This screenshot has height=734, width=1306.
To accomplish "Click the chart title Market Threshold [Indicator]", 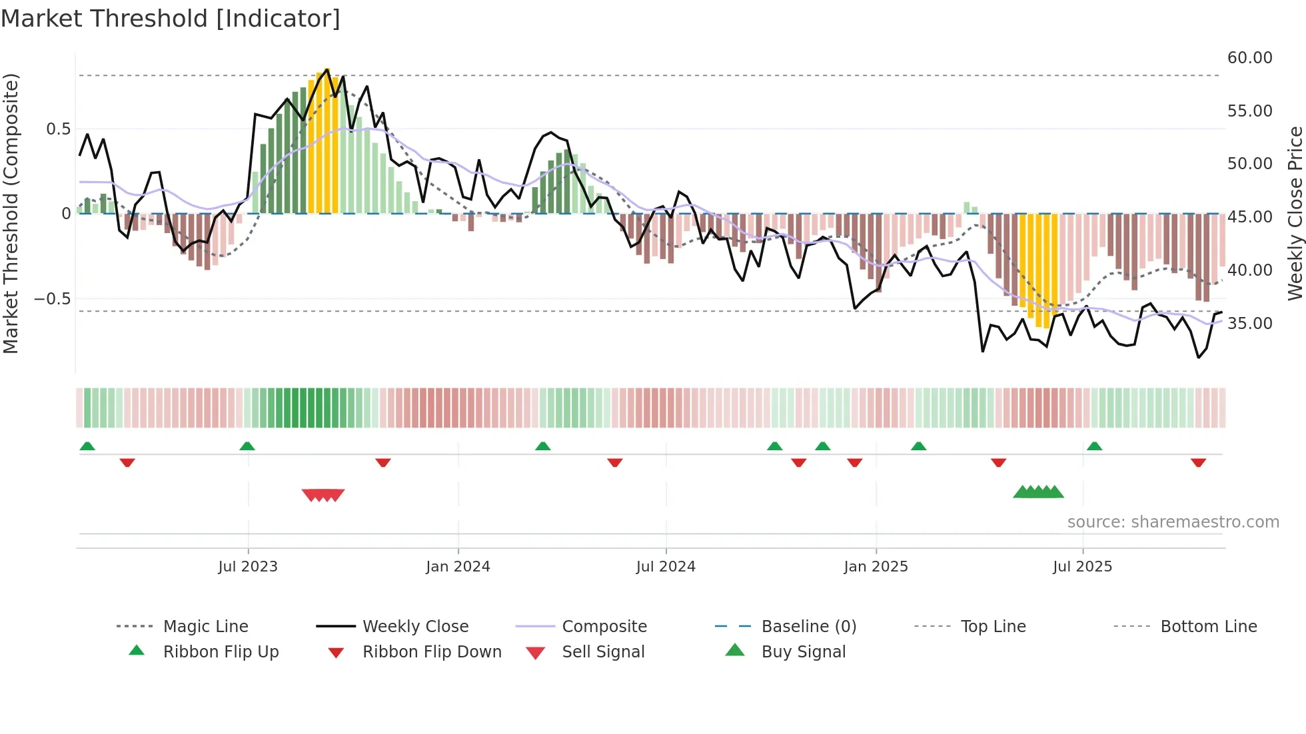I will [171, 19].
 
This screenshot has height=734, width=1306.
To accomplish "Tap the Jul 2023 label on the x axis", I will [248, 567].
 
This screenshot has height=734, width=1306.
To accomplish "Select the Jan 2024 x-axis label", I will [458, 567].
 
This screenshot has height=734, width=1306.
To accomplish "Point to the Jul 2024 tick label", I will [666, 567].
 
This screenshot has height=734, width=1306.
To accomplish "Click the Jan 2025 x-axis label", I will [876, 567].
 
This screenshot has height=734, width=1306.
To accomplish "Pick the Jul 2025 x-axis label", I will [1083, 567].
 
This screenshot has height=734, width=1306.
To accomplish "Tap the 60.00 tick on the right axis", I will [1249, 58].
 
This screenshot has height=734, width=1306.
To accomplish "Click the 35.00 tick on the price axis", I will [1249, 324].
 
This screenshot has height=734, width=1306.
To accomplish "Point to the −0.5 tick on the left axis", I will [53, 299].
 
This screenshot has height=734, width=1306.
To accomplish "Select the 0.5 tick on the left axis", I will [59, 129].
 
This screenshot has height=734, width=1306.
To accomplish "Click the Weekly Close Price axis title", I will [1295, 213].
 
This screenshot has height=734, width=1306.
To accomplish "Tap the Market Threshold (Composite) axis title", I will [11, 213].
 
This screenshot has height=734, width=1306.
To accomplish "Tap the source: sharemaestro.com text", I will [1173, 522].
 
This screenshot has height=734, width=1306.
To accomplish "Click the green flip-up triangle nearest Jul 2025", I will [1094, 446].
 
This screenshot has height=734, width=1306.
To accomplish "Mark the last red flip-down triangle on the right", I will [1198, 462].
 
